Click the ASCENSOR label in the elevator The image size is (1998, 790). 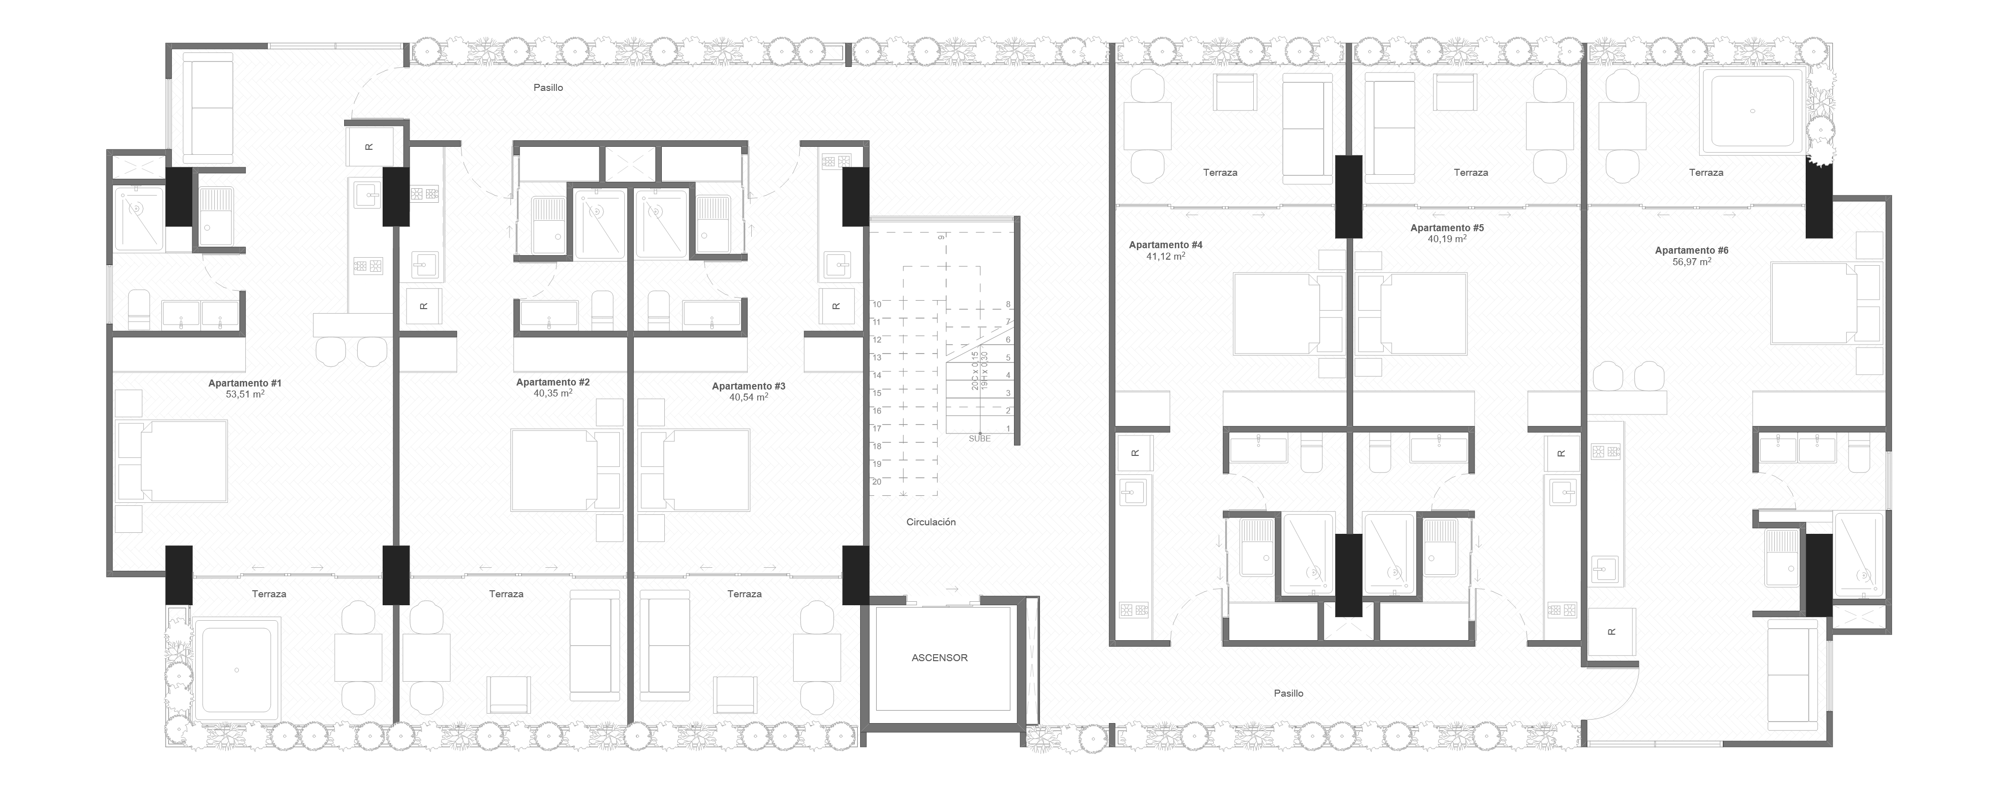[x=939, y=658]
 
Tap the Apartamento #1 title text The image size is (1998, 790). [x=244, y=383]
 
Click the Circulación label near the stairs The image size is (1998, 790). [x=931, y=522]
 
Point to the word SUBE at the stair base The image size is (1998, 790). [x=980, y=439]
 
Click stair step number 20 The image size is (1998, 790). [x=877, y=481]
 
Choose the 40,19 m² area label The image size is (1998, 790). [x=1447, y=240]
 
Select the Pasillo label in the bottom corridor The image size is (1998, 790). [x=1288, y=693]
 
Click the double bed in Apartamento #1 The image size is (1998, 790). [x=183, y=461]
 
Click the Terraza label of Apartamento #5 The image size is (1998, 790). [x=1471, y=172]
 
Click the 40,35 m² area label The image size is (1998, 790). [x=552, y=393]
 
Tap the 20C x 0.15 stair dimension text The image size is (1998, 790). [x=975, y=371]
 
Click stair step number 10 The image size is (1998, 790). [x=877, y=304]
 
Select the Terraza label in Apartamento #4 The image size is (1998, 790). [x=1220, y=172]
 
